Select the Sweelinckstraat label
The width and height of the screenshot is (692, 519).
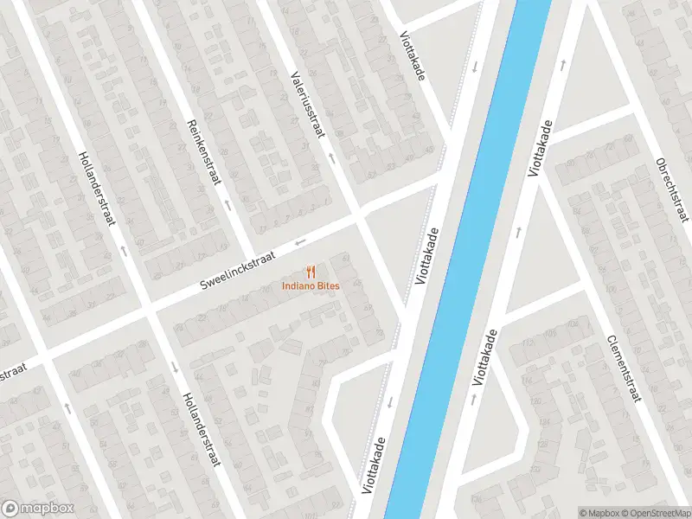click(237, 272)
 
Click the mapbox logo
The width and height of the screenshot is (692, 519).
click(37, 508)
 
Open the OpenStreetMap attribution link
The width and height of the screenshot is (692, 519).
click(655, 513)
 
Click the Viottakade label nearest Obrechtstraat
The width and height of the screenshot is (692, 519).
click(541, 150)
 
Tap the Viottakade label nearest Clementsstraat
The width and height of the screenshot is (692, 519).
click(486, 356)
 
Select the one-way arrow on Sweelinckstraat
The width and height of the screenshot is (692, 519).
click(300, 241)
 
